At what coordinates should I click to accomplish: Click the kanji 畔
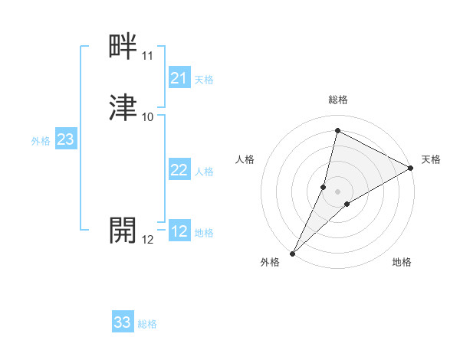click(x=123, y=48)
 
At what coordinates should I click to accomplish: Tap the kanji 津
click(x=123, y=109)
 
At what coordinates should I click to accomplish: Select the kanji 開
click(x=123, y=230)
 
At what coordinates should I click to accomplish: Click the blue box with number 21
click(x=179, y=78)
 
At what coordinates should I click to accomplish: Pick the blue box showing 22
click(x=179, y=171)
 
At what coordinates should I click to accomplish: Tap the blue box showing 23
click(x=65, y=139)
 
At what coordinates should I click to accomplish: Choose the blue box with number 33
click(x=123, y=322)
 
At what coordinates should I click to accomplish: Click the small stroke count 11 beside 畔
click(x=147, y=57)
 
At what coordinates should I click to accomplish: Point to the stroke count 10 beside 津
click(x=147, y=117)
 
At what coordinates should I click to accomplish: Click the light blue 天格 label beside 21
click(x=204, y=80)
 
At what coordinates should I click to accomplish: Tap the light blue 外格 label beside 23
click(x=40, y=141)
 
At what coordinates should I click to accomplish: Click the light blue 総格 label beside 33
click(x=147, y=324)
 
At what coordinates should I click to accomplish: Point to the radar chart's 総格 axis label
click(x=337, y=100)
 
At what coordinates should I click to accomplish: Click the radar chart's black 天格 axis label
click(x=431, y=159)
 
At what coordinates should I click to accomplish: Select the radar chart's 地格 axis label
click(x=402, y=262)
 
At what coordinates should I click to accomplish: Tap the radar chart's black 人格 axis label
click(x=245, y=159)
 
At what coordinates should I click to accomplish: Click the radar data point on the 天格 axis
click(x=411, y=168)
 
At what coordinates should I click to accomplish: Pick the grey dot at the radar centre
click(x=337, y=191)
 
